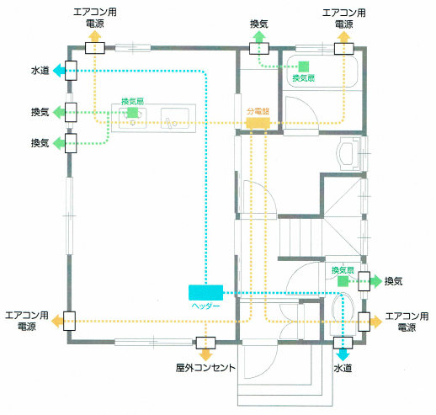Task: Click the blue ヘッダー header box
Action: tap(205, 292)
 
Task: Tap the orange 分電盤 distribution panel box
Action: tap(258, 123)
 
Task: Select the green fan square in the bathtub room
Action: tap(303, 67)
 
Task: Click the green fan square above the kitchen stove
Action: tap(132, 113)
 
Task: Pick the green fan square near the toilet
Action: tap(343, 281)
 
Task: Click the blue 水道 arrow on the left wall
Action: tap(57, 71)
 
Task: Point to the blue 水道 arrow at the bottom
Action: tap(343, 355)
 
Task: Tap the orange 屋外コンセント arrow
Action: tap(205, 355)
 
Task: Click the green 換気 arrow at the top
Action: tap(259, 37)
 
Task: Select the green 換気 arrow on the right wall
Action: tap(376, 281)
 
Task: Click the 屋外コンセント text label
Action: tap(205, 368)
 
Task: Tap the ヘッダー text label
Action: tap(205, 306)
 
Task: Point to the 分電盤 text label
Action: tap(258, 111)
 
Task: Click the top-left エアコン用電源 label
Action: tap(95, 18)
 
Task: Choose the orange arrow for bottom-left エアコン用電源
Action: tap(57, 321)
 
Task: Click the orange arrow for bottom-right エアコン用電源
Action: tap(376, 322)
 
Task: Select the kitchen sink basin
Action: tap(175, 118)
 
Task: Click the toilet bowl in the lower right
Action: tap(343, 307)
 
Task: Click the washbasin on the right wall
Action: tap(348, 153)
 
